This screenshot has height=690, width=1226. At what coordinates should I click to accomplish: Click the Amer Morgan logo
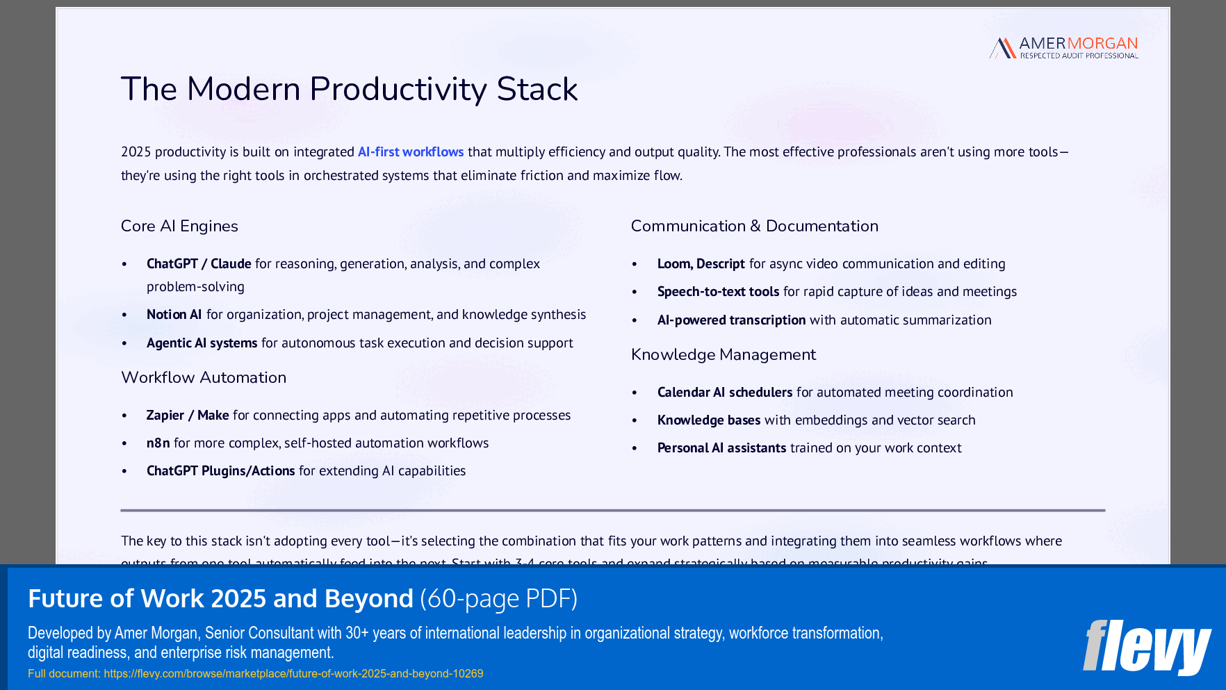point(1063,48)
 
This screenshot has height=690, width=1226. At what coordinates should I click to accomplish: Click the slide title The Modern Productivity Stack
point(349,89)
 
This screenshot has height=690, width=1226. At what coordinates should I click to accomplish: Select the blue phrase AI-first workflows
point(410,151)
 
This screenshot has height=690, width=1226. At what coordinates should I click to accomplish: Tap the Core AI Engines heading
point(179,226)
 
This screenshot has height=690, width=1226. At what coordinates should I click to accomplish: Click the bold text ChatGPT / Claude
point(199,263)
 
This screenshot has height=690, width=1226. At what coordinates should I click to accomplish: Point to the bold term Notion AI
point(174,314)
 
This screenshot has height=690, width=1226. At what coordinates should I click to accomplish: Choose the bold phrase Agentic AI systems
point(202,343)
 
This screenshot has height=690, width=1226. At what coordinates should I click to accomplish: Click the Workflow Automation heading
point(204,377)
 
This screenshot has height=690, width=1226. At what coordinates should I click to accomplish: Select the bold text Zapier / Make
point(188,415)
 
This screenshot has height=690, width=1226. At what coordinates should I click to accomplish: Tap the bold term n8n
point(158,443)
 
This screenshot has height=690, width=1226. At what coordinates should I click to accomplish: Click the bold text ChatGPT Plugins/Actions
point(220,470)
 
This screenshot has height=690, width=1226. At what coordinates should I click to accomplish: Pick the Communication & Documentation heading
point(754,226)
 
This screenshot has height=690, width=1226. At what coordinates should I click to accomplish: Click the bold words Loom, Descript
point(701,263)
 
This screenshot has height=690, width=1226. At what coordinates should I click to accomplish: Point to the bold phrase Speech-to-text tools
point(718,291)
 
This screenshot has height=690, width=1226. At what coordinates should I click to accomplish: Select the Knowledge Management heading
point(723,354)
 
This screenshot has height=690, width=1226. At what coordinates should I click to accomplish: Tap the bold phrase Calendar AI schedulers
point(724,392)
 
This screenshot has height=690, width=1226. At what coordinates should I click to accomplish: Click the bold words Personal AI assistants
point(721,447)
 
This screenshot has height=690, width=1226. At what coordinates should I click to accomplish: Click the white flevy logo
point(1147,647)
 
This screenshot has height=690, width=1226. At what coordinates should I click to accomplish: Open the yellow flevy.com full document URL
point(293,673)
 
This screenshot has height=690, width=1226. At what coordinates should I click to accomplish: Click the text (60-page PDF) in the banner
point(498,598)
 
